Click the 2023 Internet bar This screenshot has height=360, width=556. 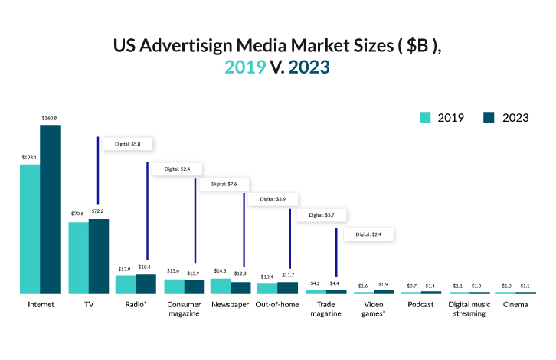coord(50,209)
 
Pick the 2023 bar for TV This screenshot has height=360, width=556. coord(99,257)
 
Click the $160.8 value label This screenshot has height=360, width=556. coord(50,118)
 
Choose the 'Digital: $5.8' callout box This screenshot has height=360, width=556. coord(127,143)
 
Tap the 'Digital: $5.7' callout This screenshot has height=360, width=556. coord(322,215)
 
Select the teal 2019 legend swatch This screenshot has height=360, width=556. coord(426,117)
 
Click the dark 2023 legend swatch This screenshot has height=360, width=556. coord(490,117)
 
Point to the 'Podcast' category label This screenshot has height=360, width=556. coord(421,305)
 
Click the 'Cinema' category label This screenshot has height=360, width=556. coord(515,305)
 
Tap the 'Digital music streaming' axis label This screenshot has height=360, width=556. coord(468,309)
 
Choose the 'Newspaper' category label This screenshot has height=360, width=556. coord(230,305)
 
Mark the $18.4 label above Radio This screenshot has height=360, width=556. coord(146,267)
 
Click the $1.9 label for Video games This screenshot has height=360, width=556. coord(383,285)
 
